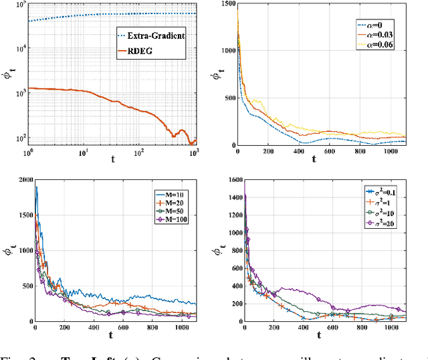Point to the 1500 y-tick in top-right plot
point(227,5)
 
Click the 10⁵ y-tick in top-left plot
point(19,5)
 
